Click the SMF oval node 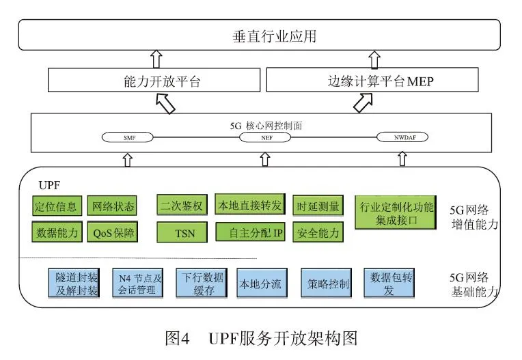click(130, 137)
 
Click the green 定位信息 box click(57, 206)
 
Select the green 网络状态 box click(113, 206)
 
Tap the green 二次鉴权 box click(180, 205)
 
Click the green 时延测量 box click(317, 205)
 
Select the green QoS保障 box click(113, 232)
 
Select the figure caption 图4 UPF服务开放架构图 click(261, 338)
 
